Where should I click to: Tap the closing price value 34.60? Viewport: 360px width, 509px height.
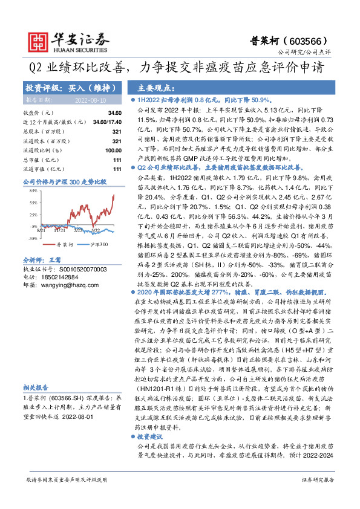114,113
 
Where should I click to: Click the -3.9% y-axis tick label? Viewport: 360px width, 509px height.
34,226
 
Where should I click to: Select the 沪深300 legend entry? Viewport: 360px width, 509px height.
99,244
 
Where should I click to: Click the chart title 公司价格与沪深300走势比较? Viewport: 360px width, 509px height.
64,181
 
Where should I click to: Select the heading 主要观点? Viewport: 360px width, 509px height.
156,87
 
